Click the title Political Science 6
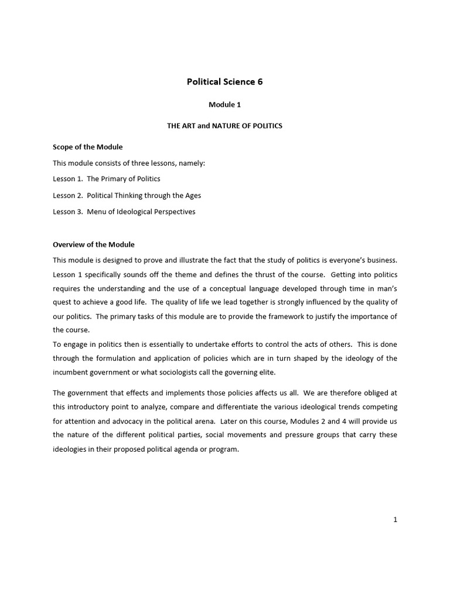pos(224,82)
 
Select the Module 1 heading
pos(224,105)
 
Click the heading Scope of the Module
pos(87,147)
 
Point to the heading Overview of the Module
pos(94,244)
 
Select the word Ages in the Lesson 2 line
pos(193,195)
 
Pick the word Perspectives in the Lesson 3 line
pos(175,212)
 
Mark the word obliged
pos(374,393)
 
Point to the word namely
pos(190,163)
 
